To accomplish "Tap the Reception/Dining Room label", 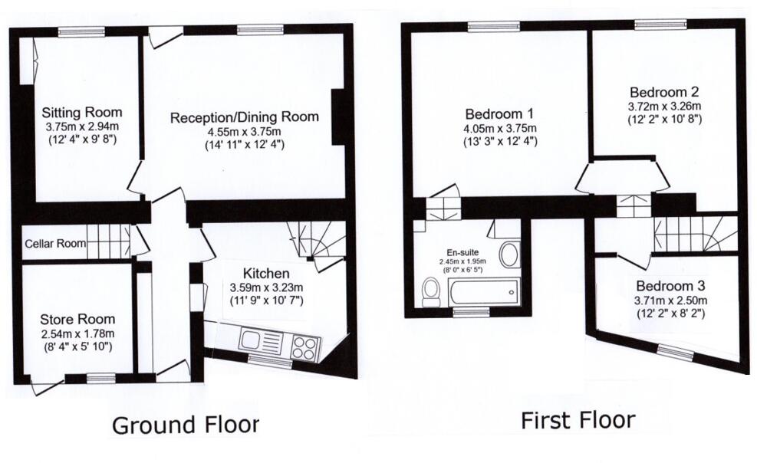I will pos(244,117).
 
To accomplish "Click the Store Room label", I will pos(78,319).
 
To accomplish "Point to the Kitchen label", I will pos(265,274).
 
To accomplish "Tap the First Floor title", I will pos(578,420).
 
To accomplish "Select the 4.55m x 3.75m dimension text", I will pos(245,131).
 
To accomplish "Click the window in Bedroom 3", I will pos(674,352).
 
